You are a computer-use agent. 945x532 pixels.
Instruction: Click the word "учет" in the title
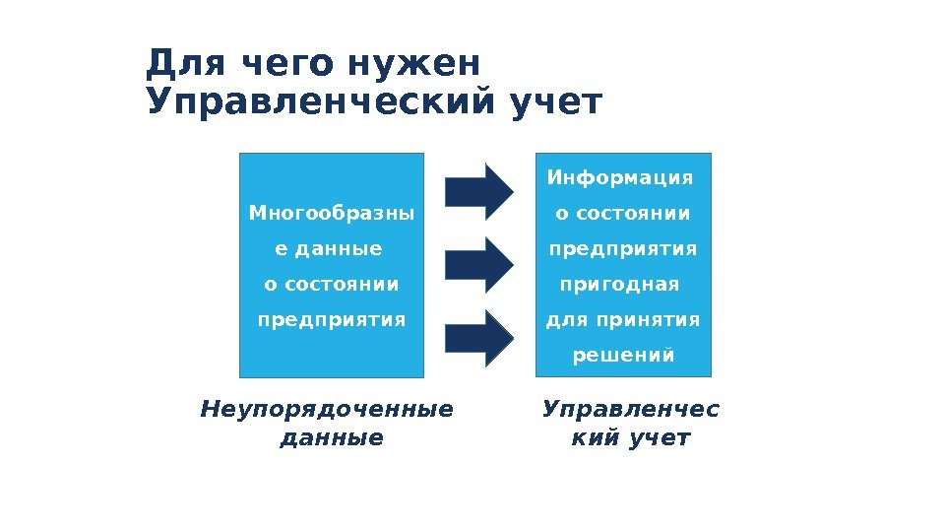555,102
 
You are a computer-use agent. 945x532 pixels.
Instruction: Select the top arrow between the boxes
479,191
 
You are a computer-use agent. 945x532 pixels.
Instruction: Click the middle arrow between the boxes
479,263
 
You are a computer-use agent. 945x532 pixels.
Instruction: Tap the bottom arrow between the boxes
479,336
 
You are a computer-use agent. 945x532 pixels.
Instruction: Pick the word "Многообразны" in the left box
331,213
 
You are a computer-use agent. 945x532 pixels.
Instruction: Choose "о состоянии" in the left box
332,285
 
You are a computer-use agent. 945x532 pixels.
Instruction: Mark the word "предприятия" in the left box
332,320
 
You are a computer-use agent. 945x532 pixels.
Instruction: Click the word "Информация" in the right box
620,177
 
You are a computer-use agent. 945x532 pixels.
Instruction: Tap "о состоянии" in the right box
623,213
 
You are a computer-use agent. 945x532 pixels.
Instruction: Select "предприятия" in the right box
623,249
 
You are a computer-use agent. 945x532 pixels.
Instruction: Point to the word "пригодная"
619,285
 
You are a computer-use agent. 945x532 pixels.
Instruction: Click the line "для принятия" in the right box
623,319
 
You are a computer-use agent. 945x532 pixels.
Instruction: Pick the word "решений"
624,355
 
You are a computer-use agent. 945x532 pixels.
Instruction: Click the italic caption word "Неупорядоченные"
328,408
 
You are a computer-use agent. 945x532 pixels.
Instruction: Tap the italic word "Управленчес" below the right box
631,408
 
